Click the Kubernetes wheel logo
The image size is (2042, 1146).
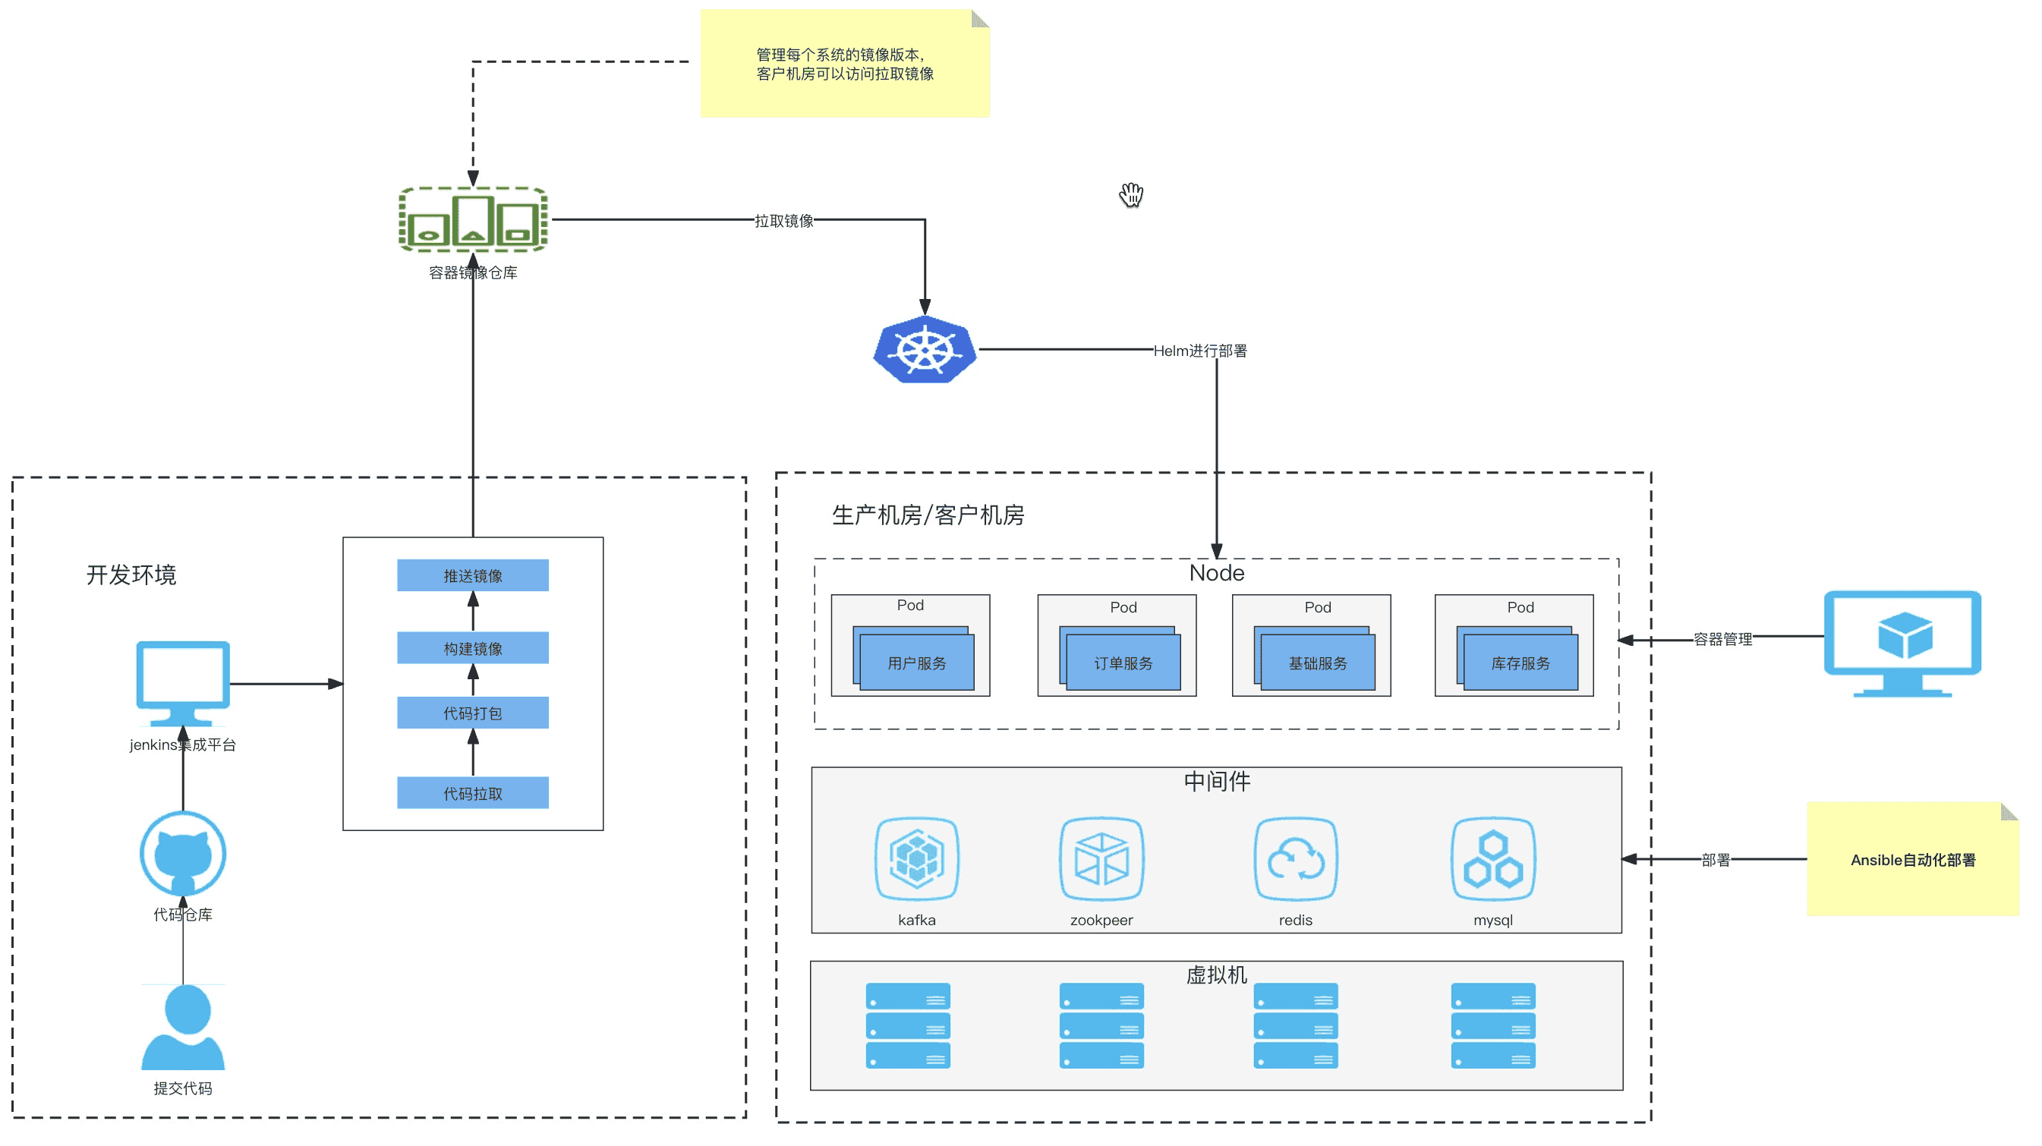(925, 350)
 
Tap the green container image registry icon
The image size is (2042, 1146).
(472, 219)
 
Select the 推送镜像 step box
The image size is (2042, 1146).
(472, 575)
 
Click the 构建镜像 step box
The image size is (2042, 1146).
(472, 648)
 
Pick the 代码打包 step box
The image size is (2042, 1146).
(472, 713)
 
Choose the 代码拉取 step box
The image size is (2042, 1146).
(472, 793)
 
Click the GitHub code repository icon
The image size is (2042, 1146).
(183, 855)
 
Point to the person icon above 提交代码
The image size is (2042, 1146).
(183, 1027)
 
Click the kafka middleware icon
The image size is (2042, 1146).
(916, 859)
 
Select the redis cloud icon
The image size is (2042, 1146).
(1295, 859)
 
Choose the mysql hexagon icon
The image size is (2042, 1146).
(1492, 859)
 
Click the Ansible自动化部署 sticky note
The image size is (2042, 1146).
(1912, 860)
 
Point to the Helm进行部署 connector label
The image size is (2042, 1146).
(1199, 351)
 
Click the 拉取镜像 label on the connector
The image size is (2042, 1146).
(784, 221)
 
